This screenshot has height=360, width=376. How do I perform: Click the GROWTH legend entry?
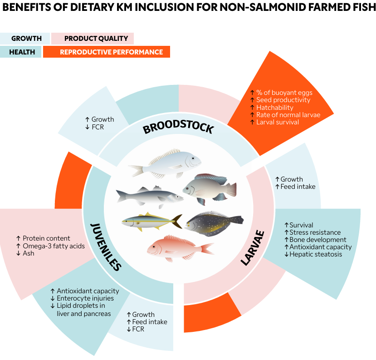tap(26, 39)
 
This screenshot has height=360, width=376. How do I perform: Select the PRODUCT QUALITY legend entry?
tap(96, 39)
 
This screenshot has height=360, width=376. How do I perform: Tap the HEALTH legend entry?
tap(22, 52)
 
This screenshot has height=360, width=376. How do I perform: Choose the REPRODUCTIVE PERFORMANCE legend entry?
tap(111, 52)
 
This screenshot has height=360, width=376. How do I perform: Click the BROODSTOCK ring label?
tap(178, 128)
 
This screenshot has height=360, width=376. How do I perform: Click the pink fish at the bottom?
tap(179, 247)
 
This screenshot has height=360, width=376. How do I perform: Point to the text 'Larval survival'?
tap(278, 122)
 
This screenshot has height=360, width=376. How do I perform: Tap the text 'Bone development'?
tap(317, 240)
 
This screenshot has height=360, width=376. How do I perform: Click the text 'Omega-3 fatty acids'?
tap(53, 246)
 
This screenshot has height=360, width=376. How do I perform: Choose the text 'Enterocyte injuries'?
tap(85, 298)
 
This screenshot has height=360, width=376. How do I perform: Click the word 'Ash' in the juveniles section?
tap(29, 253)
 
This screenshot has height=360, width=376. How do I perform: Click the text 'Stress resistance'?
tap(315, 232)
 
